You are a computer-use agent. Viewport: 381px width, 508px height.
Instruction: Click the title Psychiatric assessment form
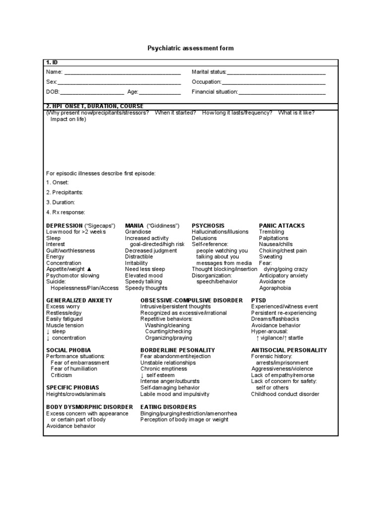click(x=190, y=48)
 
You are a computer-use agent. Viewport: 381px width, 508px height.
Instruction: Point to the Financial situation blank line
click(x=282, y=93)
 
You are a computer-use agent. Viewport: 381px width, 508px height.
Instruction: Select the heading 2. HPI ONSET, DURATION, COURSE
click(x=95, y=106)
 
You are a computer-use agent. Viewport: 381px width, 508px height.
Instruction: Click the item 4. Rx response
click(x=65, y=212)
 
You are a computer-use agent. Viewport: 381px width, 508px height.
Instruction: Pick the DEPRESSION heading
click(x=64, y=226)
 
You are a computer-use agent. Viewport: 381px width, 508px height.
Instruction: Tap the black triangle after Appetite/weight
click(x=89, y=269)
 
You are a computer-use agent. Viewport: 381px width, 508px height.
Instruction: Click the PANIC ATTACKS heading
click(x=282, y=226)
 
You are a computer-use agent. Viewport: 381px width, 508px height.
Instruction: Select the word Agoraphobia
click(x=275, y=288)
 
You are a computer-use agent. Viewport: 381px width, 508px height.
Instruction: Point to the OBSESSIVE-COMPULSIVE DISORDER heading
click(x=191, y=301)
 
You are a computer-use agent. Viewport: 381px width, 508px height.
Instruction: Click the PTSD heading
click(x=258, y=301)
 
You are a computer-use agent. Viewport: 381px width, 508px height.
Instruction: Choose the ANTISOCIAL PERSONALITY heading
click(x=289, y=350)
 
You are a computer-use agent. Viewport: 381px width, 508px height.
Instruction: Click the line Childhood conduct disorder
click(x=285, y=394)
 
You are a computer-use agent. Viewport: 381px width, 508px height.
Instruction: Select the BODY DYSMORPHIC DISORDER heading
click(x=89, y=407)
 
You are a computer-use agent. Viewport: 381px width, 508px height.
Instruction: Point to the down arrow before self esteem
click(x=142, y=376)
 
